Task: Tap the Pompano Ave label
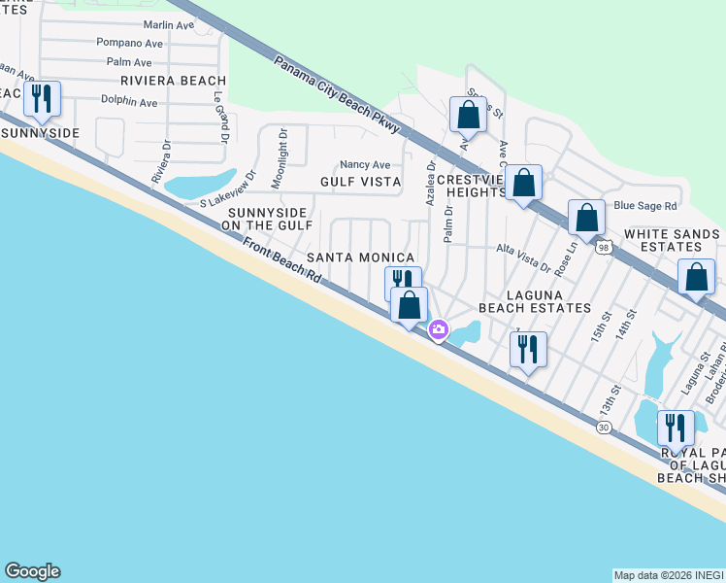click(x=129, y=44)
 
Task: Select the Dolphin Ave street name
click(x=129, y=102)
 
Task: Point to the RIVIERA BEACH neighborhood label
click(x=173, y=81)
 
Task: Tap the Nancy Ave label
click(x=364, y=165)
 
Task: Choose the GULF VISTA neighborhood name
click(x=360, y=182)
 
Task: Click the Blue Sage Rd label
click(x=644, y=206)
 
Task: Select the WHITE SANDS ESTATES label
click(x=672, y=240)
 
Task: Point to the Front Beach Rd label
click(x=281, y=260)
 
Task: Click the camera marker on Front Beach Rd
click(x=439, y=331)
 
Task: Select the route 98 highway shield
click(x=605, y=248)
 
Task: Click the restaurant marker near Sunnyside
click(x=42, y=99)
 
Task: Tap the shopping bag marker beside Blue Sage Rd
click(x=587, y=217)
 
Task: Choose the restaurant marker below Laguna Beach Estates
click(x=528, y=349)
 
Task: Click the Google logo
click(x=32, y=571)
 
